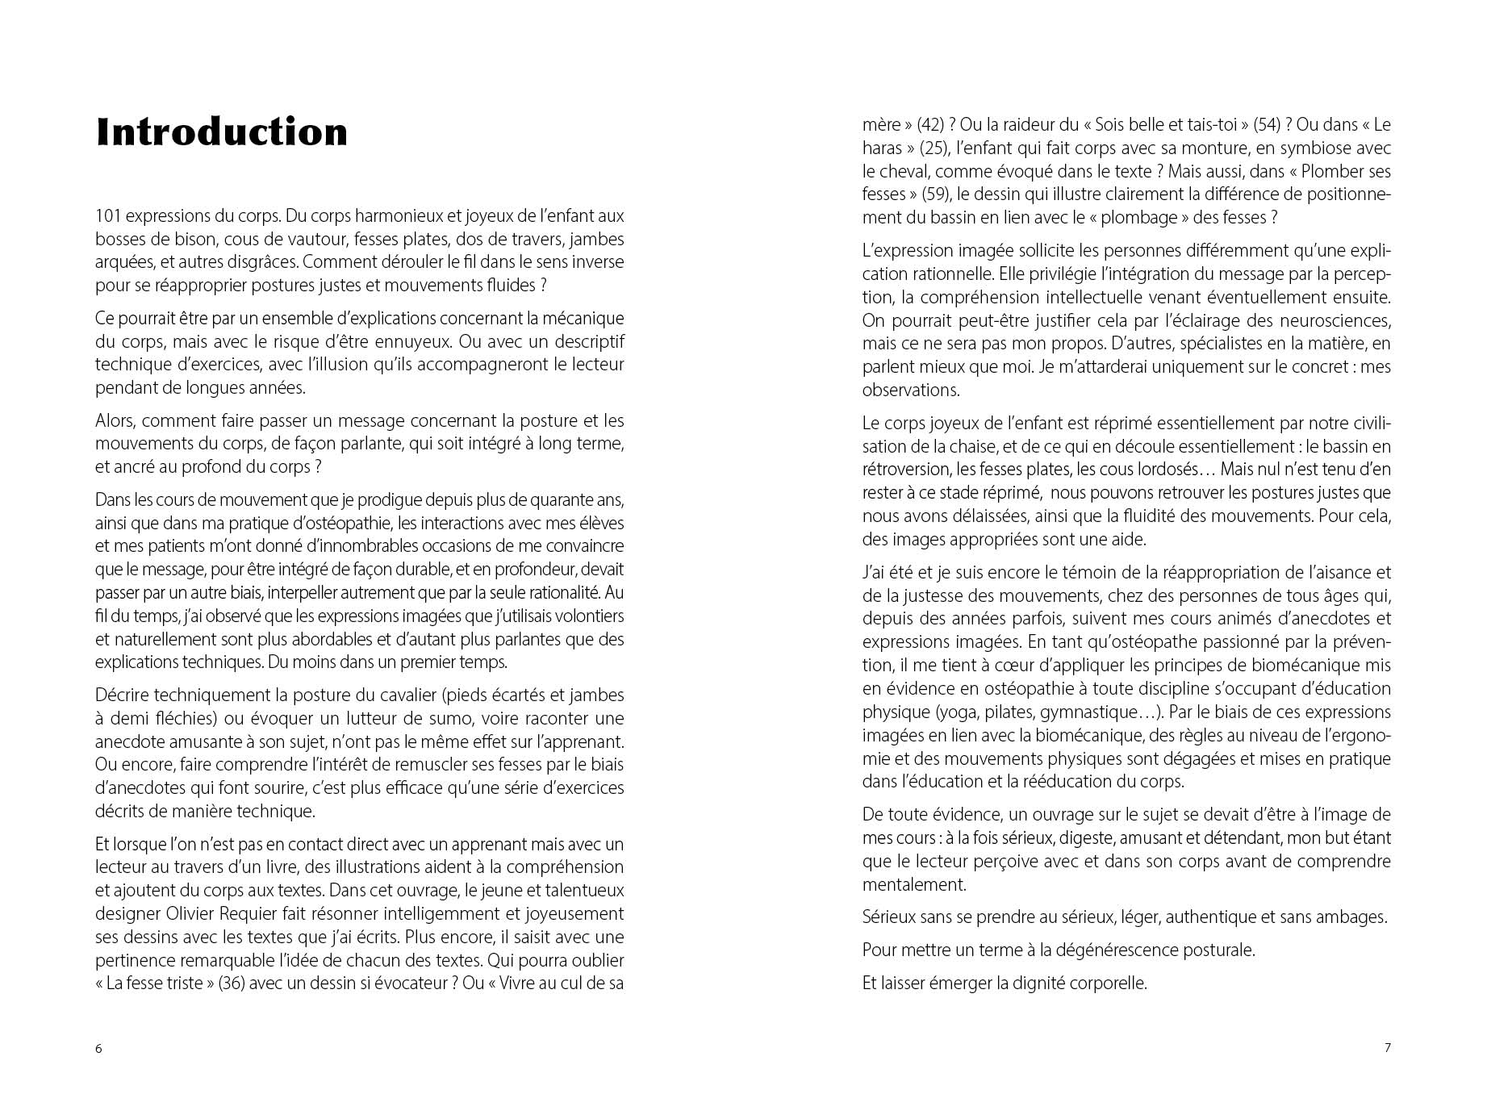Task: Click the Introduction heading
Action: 222,132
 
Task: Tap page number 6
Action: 98,1049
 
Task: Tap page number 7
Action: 1388,1048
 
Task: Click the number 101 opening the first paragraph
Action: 108,216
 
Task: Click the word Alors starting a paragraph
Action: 115,421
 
